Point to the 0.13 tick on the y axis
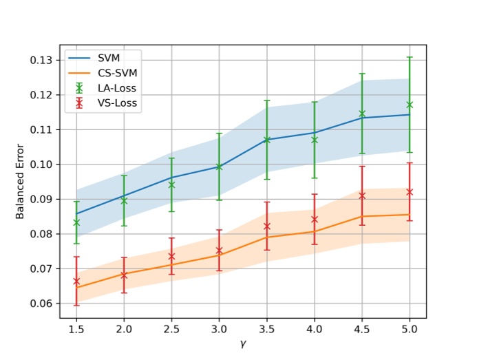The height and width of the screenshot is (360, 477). [43, 60]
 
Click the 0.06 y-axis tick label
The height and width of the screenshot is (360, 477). [43, 304]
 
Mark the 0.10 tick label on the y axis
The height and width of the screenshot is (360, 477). [43, 165]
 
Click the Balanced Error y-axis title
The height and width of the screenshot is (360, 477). [21, 181]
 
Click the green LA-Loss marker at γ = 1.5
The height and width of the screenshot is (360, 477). [76, 222]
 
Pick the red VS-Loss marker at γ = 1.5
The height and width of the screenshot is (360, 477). [76, 281]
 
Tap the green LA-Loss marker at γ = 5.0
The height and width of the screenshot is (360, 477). [410, 105]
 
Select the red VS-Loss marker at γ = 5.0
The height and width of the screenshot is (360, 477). [410, 192]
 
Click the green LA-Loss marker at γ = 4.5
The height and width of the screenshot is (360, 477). [362, 114]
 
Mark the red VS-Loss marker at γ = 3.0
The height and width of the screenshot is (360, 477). [220, 251]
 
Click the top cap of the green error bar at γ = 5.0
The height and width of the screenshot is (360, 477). [410, 57]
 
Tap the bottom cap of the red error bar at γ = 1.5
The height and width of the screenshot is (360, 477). [76, 305]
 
